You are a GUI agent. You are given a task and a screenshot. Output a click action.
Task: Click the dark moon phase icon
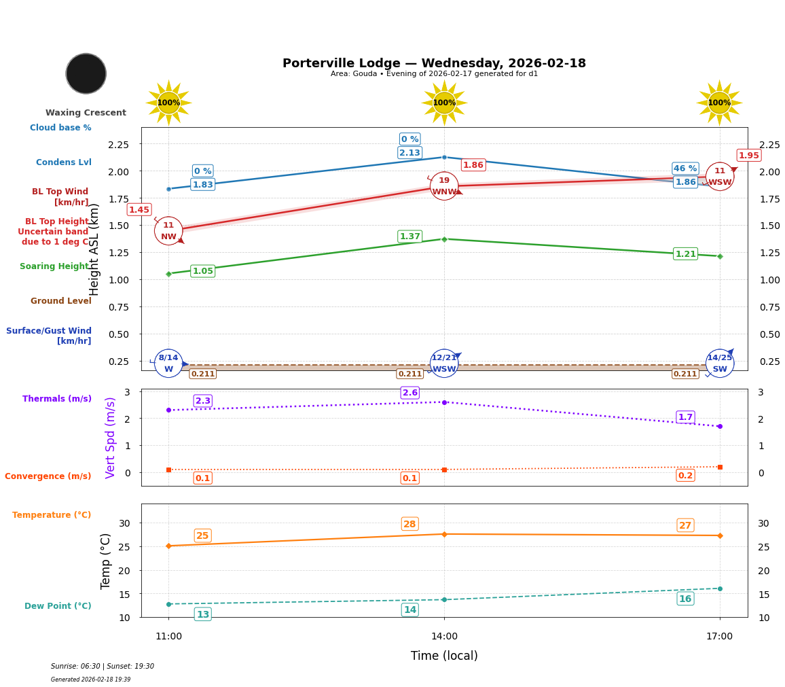(86, 73)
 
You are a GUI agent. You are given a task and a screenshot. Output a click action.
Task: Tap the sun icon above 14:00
(444, 103)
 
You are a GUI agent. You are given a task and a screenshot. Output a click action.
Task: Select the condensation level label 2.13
(409, 153)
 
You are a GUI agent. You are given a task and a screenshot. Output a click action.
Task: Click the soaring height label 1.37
(409, 236)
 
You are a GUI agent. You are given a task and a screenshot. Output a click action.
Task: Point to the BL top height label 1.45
(139, 210)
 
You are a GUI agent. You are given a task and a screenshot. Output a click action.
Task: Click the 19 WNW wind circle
(444, 186)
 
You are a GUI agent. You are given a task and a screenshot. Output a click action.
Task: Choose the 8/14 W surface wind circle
(168, 364)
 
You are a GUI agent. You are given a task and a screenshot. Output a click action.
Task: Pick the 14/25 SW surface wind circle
(720, 364)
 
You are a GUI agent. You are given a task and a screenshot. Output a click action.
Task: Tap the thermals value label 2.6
(409, 393)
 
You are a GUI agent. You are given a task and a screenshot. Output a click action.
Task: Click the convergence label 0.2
(685, 476)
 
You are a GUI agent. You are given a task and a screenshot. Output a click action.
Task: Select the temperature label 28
(409, 524)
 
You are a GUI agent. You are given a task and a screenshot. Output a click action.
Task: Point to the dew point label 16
(685, 599)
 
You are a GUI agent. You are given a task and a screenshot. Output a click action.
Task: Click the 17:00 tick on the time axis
(719, 637)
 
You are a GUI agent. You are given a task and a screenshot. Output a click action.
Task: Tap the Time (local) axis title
(444, 656)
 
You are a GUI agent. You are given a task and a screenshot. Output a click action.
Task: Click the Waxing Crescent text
(86, 113)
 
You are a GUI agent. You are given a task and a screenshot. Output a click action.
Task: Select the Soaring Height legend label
(54, 266)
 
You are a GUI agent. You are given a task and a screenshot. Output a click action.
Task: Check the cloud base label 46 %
(685, 169)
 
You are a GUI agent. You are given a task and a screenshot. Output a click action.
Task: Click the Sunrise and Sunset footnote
(103, 667)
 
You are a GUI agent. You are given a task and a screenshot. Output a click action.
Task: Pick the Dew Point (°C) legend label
(58, 606)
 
